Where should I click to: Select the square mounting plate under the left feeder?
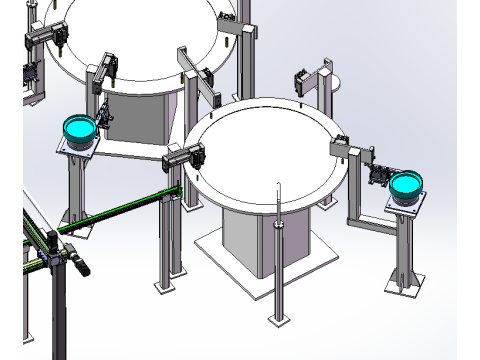pyautogui.click(x=75, y=147)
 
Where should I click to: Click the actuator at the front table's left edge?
pyautogui.click(x=186, y=157)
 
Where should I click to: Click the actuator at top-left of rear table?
pyautogui.click(x=50, y=34)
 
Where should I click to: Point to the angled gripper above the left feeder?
pyautogui.click(x=103, y=115)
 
